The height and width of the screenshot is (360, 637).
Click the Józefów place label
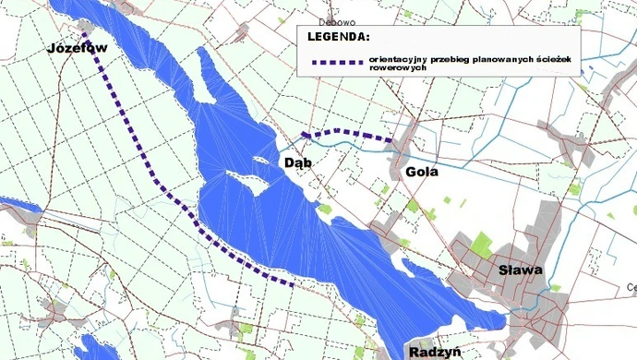pos(78,48)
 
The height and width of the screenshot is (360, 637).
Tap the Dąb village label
pos(297,162)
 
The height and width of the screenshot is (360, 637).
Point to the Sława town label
pos(519,270)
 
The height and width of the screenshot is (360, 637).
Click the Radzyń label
pos(432,353)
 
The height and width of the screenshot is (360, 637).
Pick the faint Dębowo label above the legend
pos(336,21)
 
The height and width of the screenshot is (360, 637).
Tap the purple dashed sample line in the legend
pos(337,63)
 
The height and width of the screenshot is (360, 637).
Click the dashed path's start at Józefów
pos(86,35)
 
